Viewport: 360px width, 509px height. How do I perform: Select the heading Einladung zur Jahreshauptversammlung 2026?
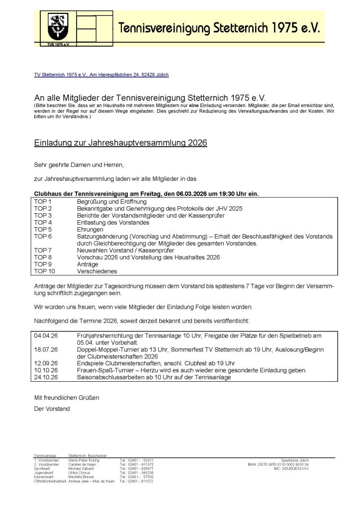coord(120,143)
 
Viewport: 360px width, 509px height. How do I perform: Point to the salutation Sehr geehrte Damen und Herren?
coord(79,165)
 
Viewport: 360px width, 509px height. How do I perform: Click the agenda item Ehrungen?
coord(90,230)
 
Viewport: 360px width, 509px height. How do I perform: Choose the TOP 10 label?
coord(44,271)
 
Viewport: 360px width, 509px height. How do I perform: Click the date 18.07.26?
coord(46,349)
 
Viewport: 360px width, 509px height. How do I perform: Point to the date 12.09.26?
coord(46,363)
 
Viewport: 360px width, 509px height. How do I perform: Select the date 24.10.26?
coord(46,377)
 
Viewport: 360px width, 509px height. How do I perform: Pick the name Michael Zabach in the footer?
coord(83,468)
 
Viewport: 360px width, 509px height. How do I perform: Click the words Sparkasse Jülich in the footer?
coord(294,460)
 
